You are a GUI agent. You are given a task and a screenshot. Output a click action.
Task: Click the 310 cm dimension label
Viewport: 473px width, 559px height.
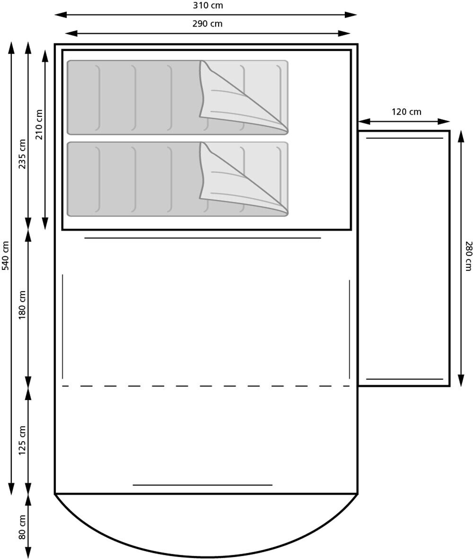[208, 6]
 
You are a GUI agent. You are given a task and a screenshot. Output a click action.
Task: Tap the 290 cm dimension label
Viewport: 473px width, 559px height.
[207, 24]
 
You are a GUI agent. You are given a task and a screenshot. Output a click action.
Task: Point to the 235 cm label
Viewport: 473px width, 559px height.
[22, 154]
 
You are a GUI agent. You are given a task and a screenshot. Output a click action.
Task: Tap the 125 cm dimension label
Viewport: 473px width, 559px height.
[22, 440]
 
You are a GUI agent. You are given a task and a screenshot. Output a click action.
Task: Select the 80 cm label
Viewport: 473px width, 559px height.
[22, 527]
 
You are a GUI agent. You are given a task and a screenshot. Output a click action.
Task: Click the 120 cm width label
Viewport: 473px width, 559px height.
[406, 112]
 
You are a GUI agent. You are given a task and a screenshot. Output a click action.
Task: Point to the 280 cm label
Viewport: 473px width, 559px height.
[469, 256]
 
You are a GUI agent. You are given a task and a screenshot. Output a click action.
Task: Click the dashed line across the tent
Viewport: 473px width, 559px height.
[206, 386]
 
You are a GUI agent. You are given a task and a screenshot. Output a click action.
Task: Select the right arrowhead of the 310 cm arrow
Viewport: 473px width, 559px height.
[350, 15]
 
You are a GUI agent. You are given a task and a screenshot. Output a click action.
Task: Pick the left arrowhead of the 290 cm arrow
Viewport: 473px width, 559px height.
[71, 34]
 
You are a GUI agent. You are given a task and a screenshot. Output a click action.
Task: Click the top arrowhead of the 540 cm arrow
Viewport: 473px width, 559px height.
[11, 48]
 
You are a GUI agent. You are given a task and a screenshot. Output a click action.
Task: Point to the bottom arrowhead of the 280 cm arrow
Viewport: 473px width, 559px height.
[461, 380]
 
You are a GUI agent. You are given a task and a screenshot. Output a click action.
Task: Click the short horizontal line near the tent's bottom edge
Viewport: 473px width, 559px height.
[202, 485]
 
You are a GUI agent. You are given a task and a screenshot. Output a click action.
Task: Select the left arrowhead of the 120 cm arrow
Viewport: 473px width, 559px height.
[364, 122]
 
